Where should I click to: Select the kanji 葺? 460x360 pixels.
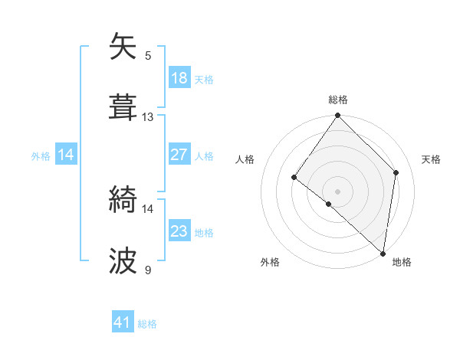point(123,108)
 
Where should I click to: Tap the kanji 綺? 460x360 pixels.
point(123,200)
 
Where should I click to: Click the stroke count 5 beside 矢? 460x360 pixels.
point(148,55)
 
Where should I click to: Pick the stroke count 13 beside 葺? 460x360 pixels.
point(148,116)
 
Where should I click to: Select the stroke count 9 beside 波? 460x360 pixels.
point(148,270)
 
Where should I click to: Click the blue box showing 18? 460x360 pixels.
point(179,78)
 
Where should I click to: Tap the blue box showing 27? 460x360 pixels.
point(179,155)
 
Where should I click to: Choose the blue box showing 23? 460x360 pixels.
point(179,231)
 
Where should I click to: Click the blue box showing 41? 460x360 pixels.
point(123,323)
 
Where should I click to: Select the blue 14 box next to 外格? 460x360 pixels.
point(66,155)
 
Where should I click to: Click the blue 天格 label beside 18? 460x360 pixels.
point(204,79)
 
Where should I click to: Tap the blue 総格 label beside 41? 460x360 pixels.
point(147,324)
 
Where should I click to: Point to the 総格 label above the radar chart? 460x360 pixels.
point(338,100)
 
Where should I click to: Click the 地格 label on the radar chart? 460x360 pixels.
point(402,262)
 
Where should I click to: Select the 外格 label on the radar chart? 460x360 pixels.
point(270,262)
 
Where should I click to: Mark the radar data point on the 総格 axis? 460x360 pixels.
point(337,116)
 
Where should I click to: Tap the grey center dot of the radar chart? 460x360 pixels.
point(337,191)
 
